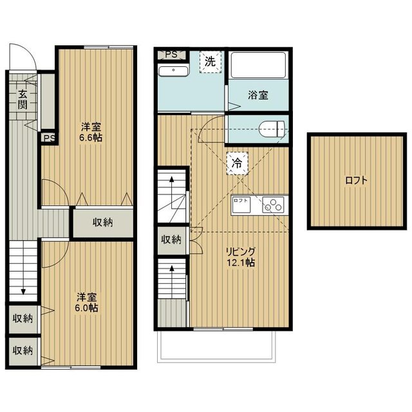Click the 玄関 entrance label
(23, 99)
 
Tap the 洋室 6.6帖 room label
(91, 132)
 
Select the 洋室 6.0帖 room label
(86, 303)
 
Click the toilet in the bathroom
(272, 129)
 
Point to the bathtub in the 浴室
(258, 65)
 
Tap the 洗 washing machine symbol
(211, 62)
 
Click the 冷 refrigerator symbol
(238, 164)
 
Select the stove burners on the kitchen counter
(273, 205)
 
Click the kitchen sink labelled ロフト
(241, 205)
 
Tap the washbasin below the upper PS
(173, 71)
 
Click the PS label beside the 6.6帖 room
(50, 138)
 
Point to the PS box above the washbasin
(172, 55)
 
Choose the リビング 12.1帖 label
(241, 257)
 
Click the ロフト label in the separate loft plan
(356, 181)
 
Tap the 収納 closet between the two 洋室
(103, 223)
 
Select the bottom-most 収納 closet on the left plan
(23, 350)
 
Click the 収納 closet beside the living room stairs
(171, 240)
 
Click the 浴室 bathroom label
(258, 95)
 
